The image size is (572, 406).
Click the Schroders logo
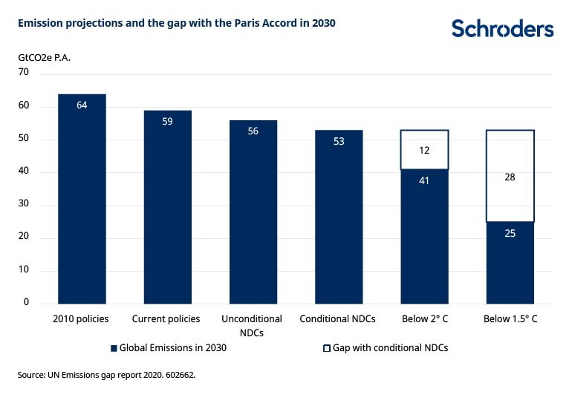tap(502, 29)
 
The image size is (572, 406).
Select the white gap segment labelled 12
tap(425, 149)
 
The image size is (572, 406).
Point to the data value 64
tap(82, 105)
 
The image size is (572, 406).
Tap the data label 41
tap(425, 180)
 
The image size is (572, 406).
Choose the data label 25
tap(510, 232)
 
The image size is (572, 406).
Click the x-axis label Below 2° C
tap(425, 319)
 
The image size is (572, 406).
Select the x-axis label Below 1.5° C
tap(510, 319)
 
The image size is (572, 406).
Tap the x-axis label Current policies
tap(166, 319)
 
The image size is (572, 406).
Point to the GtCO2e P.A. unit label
tap(44, 56)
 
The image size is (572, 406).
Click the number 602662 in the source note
tap(177, 376)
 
